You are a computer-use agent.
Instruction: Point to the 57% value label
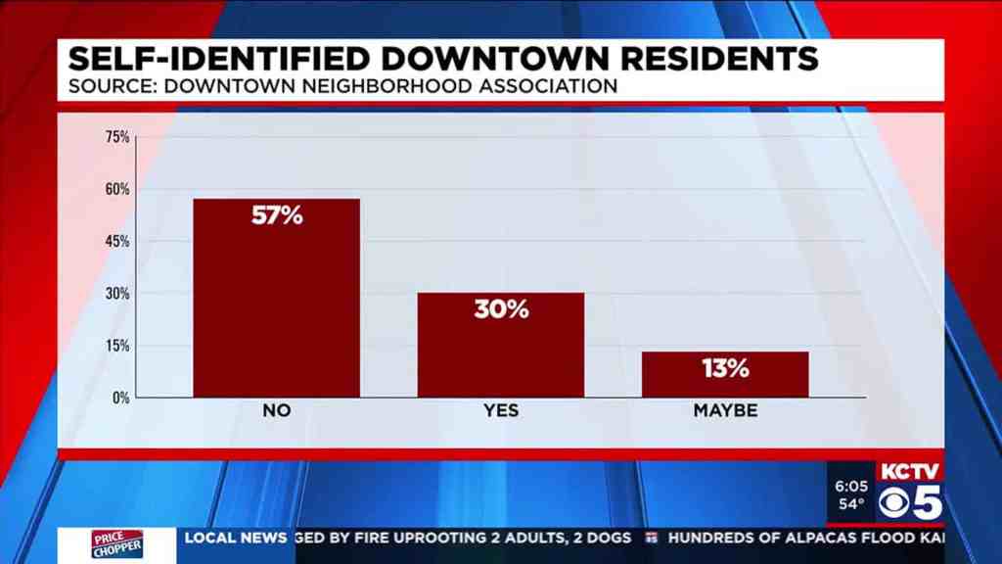coord(277,215)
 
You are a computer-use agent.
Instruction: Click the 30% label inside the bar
coord(501,309)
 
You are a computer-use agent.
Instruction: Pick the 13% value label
coord(725,368)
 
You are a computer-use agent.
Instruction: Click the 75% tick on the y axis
coord(117,136)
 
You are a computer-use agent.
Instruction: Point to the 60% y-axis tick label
coord(117,189)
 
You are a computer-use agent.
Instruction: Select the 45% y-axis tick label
coord(117,241)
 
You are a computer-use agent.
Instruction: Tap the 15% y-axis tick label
coord(117,346)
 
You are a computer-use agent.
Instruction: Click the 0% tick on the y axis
coord(120,398)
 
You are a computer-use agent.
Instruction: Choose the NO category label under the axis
coord(277,411)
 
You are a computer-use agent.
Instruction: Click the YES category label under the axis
coord(501,411)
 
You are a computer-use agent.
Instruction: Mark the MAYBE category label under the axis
coord(725,411)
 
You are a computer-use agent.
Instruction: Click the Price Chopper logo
coord(118,544)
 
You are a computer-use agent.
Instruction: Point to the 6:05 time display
coord(851,486)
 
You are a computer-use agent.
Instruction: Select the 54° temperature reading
coord(851,505)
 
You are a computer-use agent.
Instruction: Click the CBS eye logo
coord(895,504)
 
